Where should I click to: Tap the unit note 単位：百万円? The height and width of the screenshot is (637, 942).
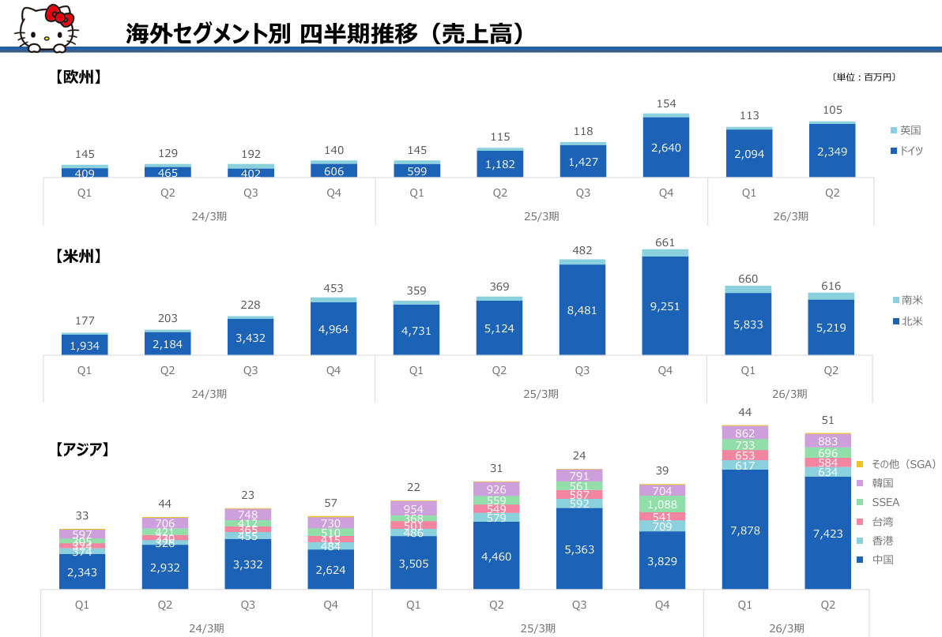click(x=864, y=77)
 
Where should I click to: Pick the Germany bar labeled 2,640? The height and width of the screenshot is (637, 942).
click(x=665, y=148)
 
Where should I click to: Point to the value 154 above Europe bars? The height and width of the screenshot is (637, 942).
click(x=665, y=103)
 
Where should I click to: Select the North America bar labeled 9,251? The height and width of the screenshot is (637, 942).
click(x=665, y=306)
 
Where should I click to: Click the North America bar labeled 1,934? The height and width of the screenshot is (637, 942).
click(x=85, y=346)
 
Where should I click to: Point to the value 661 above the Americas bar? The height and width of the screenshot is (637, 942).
click(x=665, y=242)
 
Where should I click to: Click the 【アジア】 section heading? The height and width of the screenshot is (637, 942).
click(x=81, y=449)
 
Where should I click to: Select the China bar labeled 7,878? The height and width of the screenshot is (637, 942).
click(x=745, y=530)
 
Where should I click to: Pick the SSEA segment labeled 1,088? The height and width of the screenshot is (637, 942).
click(x=662, y=504)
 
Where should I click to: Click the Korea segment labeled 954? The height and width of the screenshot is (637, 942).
click(x=413, y=509)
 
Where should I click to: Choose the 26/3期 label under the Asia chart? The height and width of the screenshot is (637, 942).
click(x=786, y=628)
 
